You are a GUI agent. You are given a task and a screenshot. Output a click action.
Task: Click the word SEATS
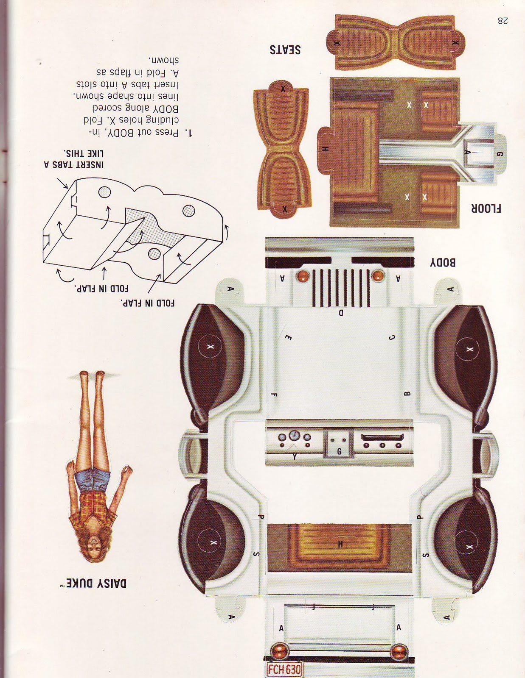pyautogui.click(x=285, y=50)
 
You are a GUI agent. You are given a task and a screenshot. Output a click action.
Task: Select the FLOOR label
pyautogui.click(x=486, y=208)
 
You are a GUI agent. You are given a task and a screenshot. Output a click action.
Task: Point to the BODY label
pyautogui.click(x=443, y=263)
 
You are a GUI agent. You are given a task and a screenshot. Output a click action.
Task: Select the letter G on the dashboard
pyautogui.click(x=339, y=452)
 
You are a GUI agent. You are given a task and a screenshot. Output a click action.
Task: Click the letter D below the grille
pyautogui.click(x=340, y=313)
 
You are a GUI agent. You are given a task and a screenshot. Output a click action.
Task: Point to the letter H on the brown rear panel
pyautogui.click(x=340, y=544)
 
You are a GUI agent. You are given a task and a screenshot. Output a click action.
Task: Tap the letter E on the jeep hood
pyautogui.click(x=288, y=337)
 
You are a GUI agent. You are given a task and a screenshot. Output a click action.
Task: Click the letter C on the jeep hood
pyautogui.click(x=392, y=338)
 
